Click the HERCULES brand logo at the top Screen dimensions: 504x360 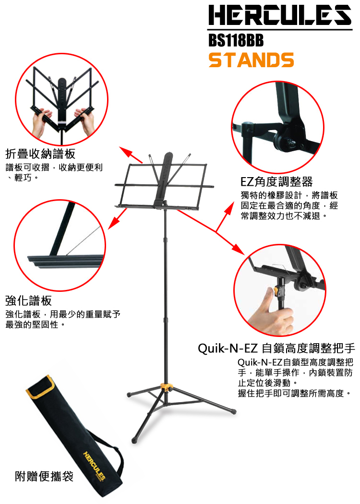pyautogui.click(x=280, y=15)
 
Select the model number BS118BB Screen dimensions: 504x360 pyautogui.click(x=236, y=40)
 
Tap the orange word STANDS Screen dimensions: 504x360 pyautogui.click(x=251, y=60)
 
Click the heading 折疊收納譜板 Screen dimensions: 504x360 pyautogui.click(x=40, y=154)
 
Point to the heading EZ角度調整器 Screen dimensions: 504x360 pyautogui.click(x=276, y=181)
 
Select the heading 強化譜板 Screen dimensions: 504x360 pyautogui.click(x=28, y=301)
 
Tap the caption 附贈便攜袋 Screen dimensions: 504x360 pyautogui.click(x=44, y=476)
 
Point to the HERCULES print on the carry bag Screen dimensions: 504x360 pyautogui.click(x=94, y=466)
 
